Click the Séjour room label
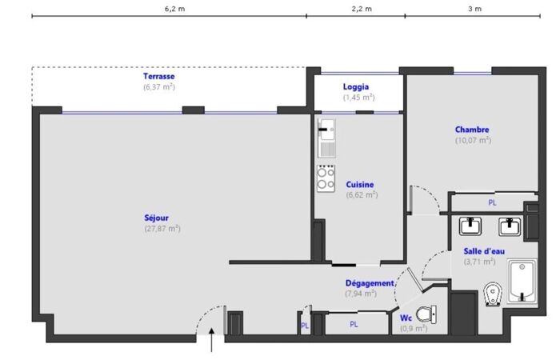point(157,218)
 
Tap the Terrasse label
point(159,76)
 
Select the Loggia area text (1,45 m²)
point(359,97)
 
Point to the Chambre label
point(472,130)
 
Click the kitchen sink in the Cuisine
point(326,138)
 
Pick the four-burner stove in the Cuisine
point(326,178)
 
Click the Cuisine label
point(360,185)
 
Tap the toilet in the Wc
point(426,314)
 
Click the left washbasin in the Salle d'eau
point(470,226)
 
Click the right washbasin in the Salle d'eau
point(510,226)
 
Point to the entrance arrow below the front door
point(212,340)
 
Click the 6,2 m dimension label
point(175,9)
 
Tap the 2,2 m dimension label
point(362,9)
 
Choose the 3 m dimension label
point(475,9)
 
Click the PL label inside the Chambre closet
point(492,203)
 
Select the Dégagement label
point(370,283)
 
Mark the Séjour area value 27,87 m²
point(162,228)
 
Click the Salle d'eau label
point(484,251)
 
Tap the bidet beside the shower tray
point(493,294)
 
